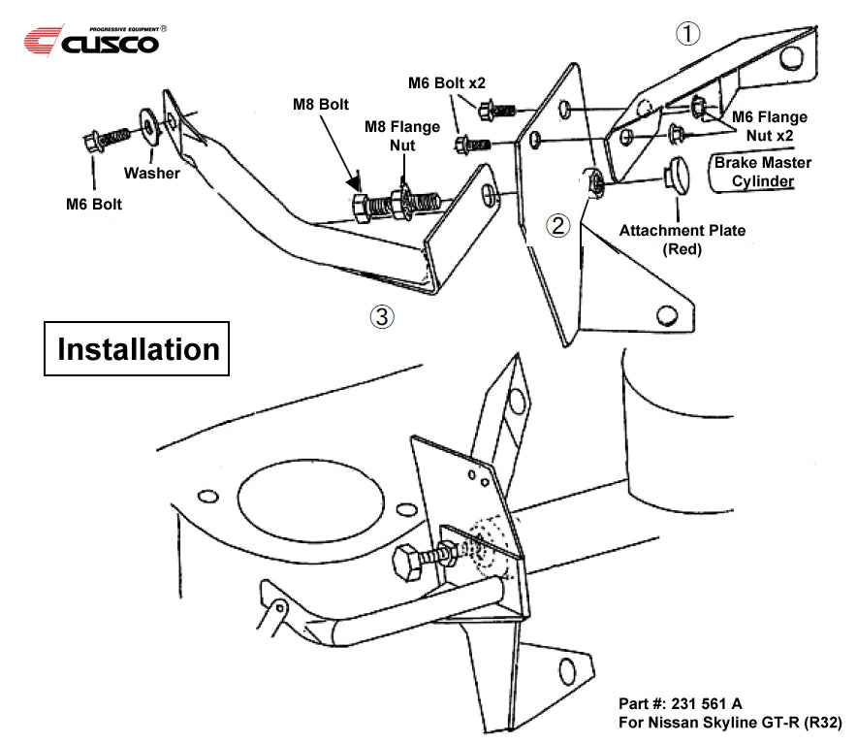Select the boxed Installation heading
coord(139,348)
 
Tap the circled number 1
coord(686,33)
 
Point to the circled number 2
coord(557,226)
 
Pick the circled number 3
coord(383,316)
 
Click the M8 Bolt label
coord(322,104)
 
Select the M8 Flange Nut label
coord(401,136)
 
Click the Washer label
coord(151,173)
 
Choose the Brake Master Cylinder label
coord(764,172)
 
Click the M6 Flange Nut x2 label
coord(770,125)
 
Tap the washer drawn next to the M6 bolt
coord(148,122)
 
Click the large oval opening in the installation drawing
coord(305,496)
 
